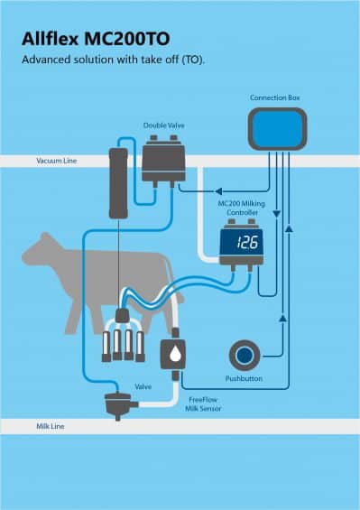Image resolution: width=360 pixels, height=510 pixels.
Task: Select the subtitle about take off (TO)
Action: (112, 60)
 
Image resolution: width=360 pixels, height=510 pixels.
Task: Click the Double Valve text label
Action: (163, 125)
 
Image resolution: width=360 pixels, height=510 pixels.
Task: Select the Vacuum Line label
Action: (57, 161)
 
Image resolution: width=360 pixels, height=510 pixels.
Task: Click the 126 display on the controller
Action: (246, 242)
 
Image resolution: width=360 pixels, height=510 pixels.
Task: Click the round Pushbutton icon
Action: (243, 353)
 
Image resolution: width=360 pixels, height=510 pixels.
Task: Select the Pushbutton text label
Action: (243, 378)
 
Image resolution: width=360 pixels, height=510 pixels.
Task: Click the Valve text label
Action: (143, 385)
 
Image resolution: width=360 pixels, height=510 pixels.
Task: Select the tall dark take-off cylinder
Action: (115, 181)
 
